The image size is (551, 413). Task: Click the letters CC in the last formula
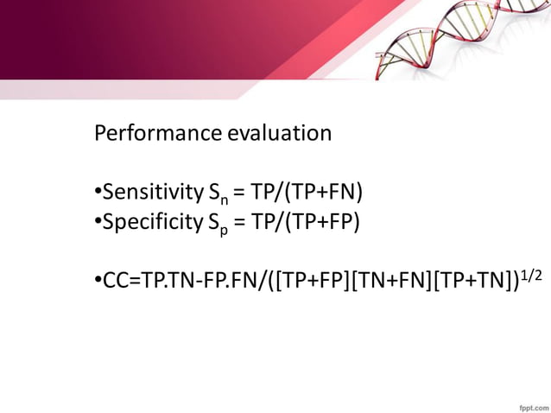pos(114,280)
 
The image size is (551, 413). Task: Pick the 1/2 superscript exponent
pos(534,272)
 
